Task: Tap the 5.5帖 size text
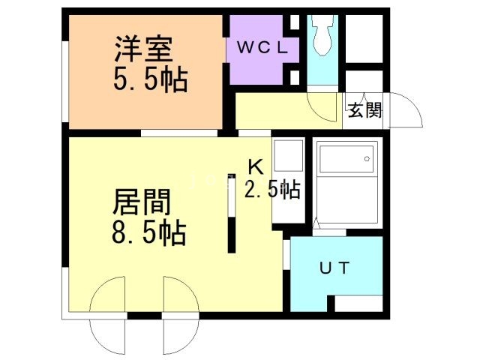(150, 79)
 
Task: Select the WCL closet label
(262, 47)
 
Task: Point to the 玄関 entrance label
(364, 109)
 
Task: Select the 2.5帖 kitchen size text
(271, 189)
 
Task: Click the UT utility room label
(334, 268)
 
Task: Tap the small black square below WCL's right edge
(294, 77)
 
